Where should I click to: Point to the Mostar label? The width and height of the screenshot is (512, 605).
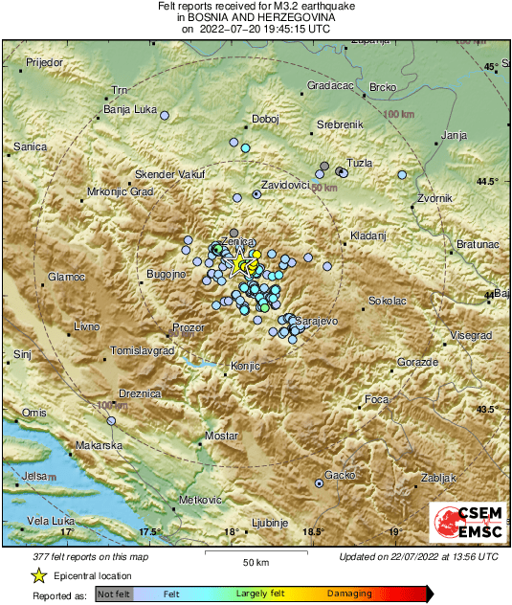click(222, 436)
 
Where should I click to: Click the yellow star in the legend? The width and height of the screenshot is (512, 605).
click(39, 575)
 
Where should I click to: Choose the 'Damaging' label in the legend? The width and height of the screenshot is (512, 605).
click(350, 594)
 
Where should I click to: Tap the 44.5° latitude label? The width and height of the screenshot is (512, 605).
click(488, 181)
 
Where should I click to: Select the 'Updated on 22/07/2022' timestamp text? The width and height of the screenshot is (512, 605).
click(418, 556)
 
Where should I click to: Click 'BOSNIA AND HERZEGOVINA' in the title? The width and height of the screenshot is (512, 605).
click(256, 17)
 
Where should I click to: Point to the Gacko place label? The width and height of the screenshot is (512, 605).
click(341, 475)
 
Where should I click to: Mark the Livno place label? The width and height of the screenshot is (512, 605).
click(86, 327)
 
